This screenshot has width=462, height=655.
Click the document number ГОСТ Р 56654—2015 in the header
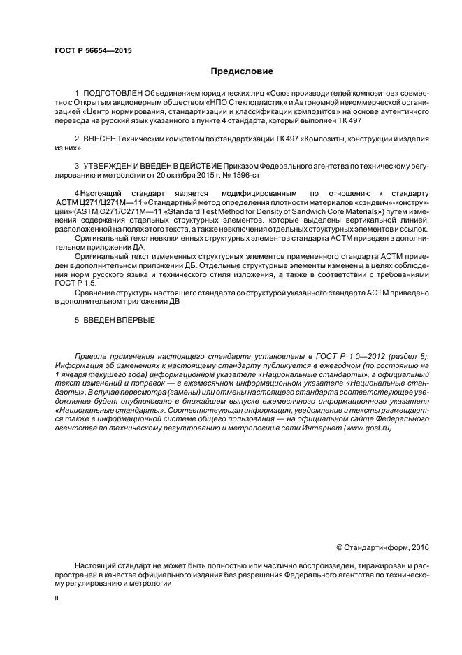tap(93, 51)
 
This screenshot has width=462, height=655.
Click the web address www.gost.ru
tap(365, 428)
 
